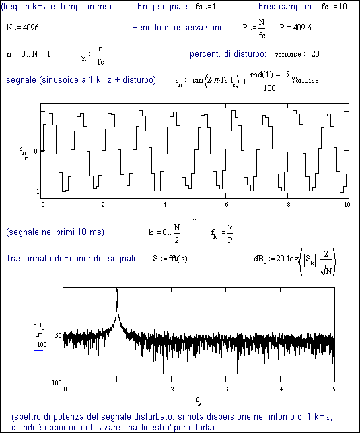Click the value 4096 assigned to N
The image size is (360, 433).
coord(31,28)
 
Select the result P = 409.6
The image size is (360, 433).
coord(295,28)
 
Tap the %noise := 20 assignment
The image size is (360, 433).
coord(297,54)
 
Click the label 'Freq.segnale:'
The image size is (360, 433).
coord(164,7)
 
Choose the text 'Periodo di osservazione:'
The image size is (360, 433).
coord(179,28)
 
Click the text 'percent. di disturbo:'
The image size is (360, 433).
coord(228,54)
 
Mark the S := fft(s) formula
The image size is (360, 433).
coord(170,259)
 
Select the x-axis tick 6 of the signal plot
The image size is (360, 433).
coord(227,205)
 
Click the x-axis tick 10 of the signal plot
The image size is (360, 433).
coord(347,204)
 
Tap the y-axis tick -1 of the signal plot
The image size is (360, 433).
coord(36,191)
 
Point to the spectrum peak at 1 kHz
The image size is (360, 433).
coord(117,289)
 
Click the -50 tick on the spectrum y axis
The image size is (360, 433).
coord(57,335)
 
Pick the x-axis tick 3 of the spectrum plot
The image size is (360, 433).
coord(226,389)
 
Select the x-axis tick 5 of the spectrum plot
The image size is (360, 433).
coord(334,389)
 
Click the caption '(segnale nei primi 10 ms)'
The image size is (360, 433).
coord(55,232)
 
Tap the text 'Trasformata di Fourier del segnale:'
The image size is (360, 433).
coord(73,258)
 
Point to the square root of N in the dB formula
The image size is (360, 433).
coord(327,271)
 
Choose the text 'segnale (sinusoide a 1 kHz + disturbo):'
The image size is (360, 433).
coord(82,80)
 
